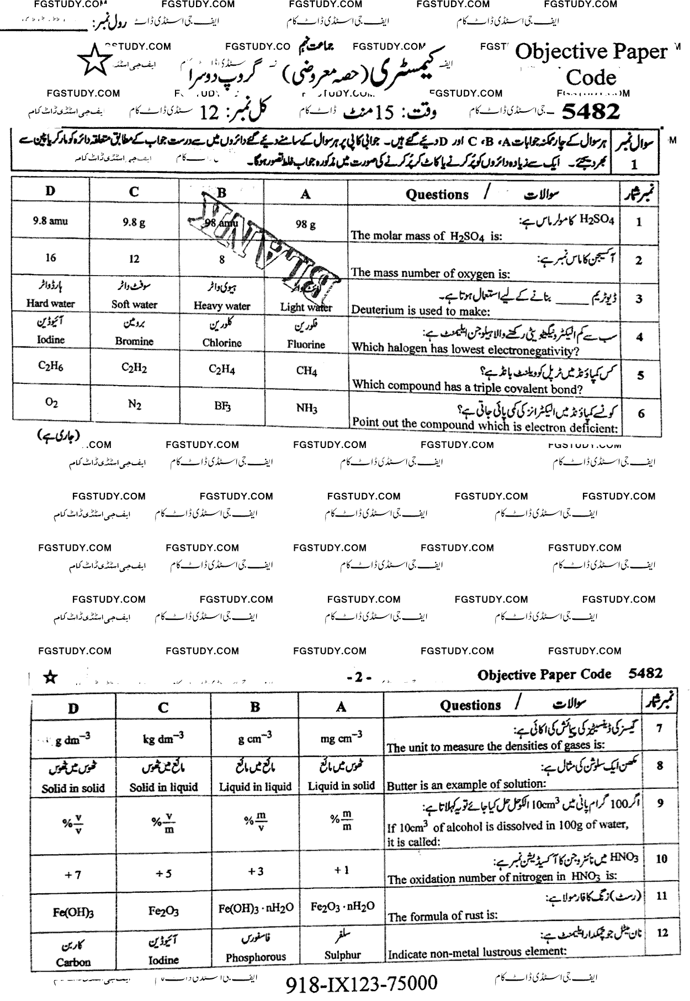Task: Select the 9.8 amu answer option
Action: pyautogui.click(x=50, y=222)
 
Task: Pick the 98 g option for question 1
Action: pyautogui.click(x=305, y=224)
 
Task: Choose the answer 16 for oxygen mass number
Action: pyautogui.click(x=50, y=258)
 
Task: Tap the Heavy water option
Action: pyautogui.click(x=222, y=305)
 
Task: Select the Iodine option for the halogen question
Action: pyautogui.click(x=50, y=340)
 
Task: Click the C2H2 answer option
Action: pyautogui.click(x=134, y=368)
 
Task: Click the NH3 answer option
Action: pyautogui.click(x=306, y=408)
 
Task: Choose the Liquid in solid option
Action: pyautogui.click(x=341, y=785)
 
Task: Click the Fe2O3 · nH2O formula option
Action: pyautogui.click(x=342, y=907)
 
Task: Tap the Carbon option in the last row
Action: pyautogui.click(x=73, y=962)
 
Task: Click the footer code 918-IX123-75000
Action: pyautogui.click(x=362, y=983)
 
